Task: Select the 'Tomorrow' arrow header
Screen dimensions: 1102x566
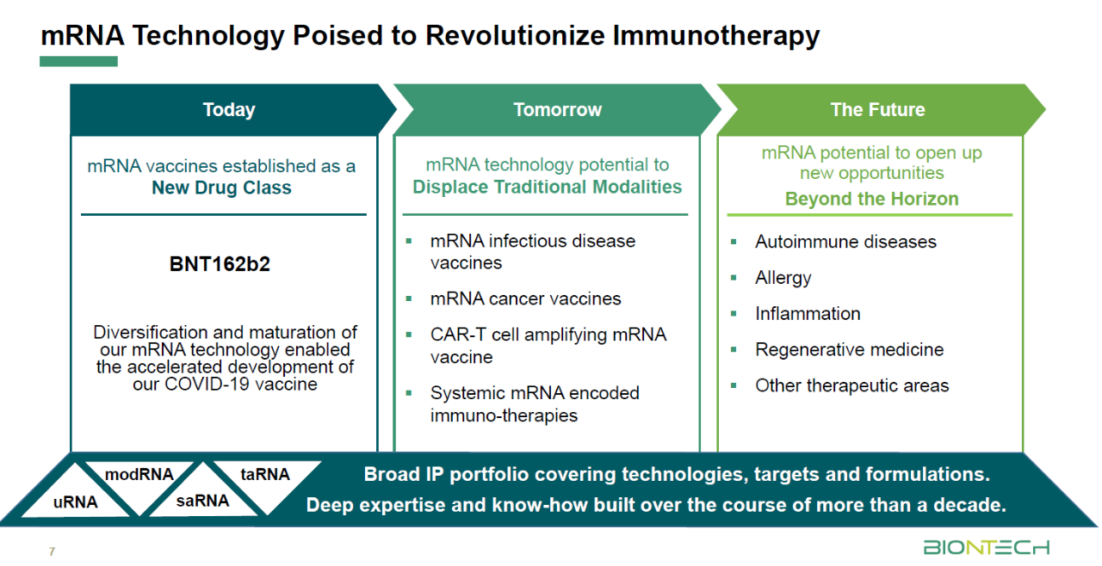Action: (x=557, y=109)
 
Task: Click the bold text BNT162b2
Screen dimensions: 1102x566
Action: (x=220, y=264)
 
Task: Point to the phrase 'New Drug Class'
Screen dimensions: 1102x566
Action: (x=221, y=188)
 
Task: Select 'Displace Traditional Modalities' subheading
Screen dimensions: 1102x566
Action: (x=547, y=187)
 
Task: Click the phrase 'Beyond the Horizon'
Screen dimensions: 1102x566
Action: (x=872, y=199)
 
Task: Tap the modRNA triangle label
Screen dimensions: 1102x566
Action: (x=139, y=474)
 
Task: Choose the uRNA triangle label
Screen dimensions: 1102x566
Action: (x=75, y=501)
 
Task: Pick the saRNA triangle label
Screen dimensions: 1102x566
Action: (x=202, y=501)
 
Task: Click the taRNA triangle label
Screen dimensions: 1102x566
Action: (x=265, y=474)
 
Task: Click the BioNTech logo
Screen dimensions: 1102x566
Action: (x=987, y=547)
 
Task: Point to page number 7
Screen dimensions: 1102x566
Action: (x=52, y=551)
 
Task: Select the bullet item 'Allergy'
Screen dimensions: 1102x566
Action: (x=783, y=278)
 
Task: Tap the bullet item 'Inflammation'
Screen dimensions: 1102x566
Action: (x=808, y=313)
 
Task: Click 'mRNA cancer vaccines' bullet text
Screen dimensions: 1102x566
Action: (x=525, y=298)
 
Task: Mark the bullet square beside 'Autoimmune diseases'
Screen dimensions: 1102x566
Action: (x=734, y=242)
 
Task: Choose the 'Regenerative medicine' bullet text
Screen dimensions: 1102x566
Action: (x=850, y=349)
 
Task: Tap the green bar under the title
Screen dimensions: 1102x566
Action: (x=78, y=61)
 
